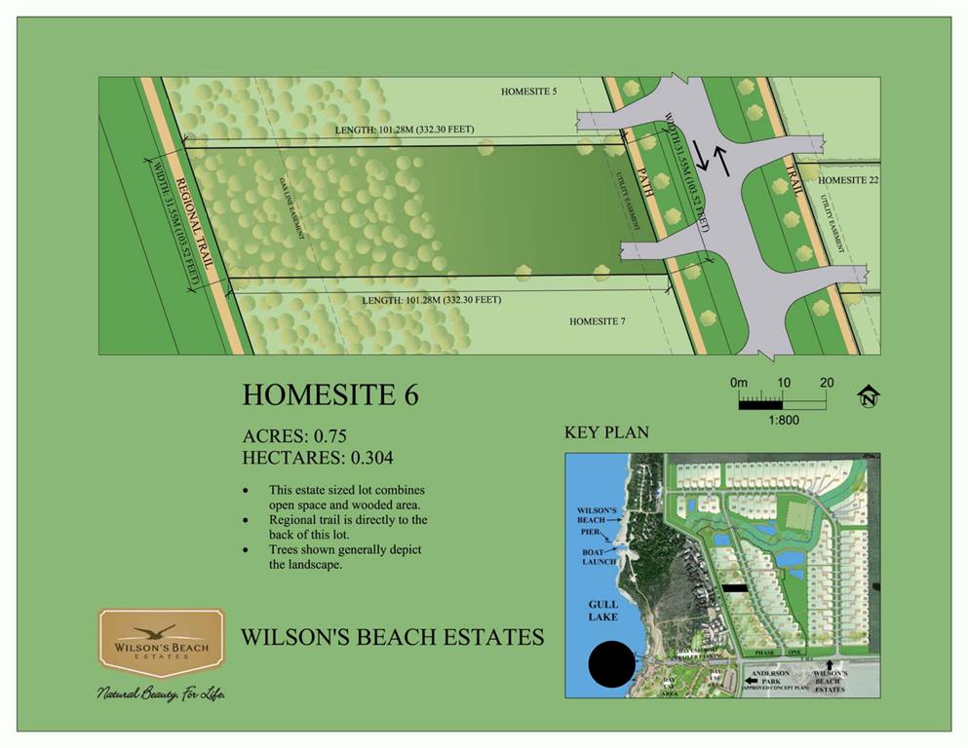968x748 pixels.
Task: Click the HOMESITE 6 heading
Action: (x=330, y=394)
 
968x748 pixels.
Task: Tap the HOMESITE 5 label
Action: (x=528, y=92)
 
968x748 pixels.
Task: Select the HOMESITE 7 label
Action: (x=598, y=320)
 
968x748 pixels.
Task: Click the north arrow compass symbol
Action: (x=868, y=395)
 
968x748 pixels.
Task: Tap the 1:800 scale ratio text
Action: (x=783, y=420)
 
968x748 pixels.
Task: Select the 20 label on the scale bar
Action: (x=827, y=383)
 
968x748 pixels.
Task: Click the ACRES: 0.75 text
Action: (x=294, y=435)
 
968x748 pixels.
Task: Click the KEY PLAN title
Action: (x=606, y=432)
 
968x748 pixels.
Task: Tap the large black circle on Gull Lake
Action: (x=616, y=666)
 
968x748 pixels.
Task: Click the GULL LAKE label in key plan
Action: (x=603, y=611)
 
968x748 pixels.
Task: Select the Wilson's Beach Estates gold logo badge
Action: (x=161, y=642)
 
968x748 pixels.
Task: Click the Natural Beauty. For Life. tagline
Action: (x=161, y=693)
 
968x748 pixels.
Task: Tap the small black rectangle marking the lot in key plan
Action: (x=735, y=587)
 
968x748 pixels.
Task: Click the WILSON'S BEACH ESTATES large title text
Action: (x=392, y=637)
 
